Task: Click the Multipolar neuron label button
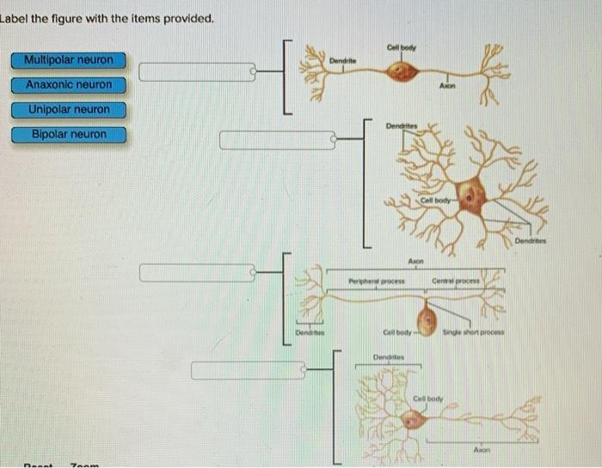[69, 60]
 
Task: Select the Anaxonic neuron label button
[69, 85]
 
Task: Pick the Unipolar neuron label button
[69, 110]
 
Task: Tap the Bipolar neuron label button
[69, 135]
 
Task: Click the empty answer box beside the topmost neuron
[197, 72]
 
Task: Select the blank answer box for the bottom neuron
[249, 370]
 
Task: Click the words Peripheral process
[376, 281]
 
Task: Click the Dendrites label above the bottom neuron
[389, 356]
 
